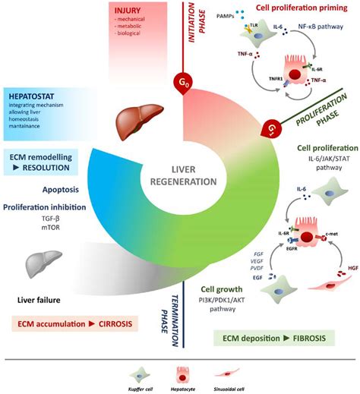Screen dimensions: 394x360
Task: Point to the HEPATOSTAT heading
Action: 36,98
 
